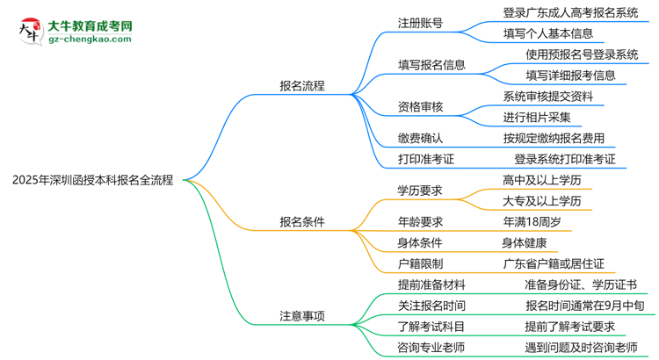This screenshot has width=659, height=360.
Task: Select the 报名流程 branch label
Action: (302, 86)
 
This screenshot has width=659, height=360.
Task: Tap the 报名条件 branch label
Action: (302, 222)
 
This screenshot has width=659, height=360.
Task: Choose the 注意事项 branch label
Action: (302, 316)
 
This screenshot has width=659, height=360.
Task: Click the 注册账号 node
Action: (420, 23)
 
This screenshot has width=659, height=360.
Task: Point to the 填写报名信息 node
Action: (431, 65)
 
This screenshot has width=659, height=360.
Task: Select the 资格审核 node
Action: (420, 107)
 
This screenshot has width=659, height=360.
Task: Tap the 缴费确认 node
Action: (420, 138)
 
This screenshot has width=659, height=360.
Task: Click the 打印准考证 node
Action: (426, 159)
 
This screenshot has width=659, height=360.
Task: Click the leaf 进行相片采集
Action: (537, 117)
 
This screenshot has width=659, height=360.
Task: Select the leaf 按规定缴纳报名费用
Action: (554, 138)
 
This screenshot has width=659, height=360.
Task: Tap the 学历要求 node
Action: (420, 191)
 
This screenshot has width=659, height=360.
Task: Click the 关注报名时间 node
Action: (431, 306)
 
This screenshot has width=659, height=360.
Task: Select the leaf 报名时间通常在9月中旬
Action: (578, 306)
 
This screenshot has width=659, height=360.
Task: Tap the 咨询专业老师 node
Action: (431, 348)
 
